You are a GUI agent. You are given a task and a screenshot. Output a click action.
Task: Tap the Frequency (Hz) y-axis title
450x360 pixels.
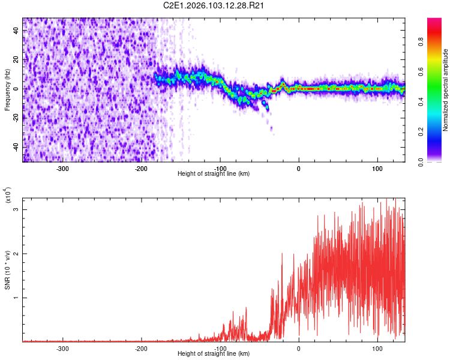tap(7, 90)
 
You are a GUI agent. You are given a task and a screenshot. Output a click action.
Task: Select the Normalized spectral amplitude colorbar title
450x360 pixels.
tap(446, 90)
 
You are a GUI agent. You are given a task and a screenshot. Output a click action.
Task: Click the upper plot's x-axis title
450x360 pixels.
tap(214, 174)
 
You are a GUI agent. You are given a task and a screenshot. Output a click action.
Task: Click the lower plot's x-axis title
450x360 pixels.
tap(214, 354)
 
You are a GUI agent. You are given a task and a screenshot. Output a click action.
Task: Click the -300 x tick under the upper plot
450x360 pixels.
tap(63, 168)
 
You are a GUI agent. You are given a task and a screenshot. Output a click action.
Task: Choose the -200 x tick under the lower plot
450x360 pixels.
tap(141, 348)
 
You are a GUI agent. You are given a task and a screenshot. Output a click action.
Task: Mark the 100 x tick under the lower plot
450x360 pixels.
tap(377, 348)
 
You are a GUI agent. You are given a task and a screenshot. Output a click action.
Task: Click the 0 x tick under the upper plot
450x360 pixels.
tap(299, 168)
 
